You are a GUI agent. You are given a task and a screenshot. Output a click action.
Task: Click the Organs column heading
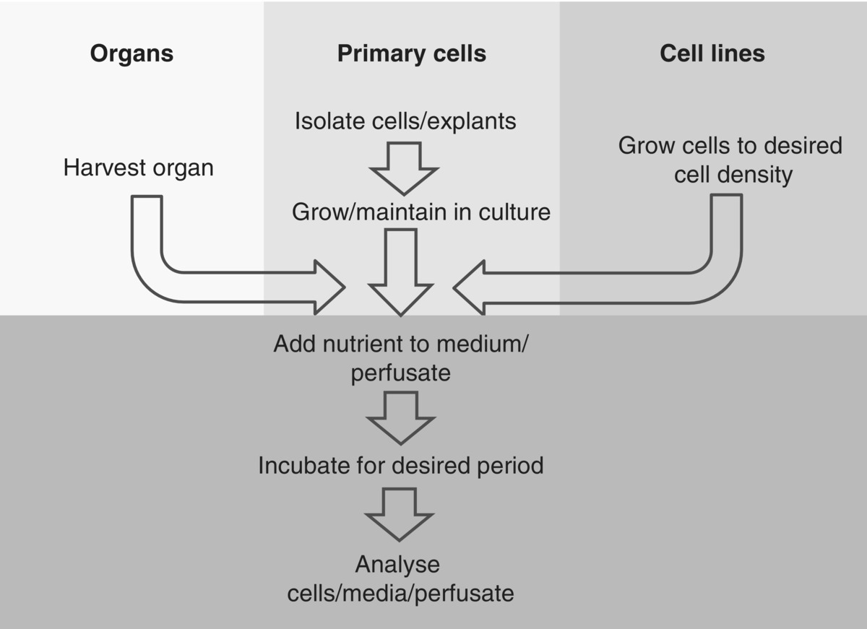131,54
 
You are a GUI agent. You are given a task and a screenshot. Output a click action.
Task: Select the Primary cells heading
411,54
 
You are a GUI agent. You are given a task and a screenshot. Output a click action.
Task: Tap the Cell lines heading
712,54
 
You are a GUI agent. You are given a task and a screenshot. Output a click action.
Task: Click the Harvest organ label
139,168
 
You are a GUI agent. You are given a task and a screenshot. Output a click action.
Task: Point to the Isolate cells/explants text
405,121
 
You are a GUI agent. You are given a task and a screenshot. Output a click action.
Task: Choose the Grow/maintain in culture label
421,212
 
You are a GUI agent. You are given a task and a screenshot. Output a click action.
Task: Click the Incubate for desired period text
400,465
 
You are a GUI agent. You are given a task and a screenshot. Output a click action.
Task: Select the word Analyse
398,564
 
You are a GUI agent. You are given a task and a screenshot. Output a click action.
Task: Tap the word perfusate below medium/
400,373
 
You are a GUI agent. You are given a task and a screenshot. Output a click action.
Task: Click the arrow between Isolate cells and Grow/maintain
404,168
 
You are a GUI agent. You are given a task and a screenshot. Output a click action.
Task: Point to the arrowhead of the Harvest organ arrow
329,287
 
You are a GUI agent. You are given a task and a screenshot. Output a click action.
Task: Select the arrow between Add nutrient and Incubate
400,417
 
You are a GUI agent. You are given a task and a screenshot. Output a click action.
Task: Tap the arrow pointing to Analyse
400,513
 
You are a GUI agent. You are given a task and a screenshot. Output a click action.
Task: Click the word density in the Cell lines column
754,174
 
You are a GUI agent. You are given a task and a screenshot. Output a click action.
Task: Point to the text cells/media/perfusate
400,593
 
